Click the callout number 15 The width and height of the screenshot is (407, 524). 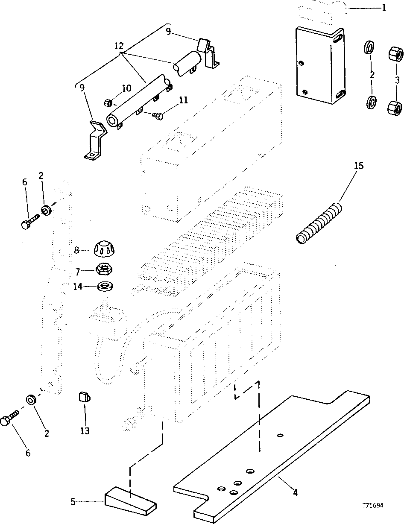point(359,165)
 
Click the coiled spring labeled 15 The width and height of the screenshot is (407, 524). point(319,225)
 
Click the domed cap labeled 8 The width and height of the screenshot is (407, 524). point(104,248)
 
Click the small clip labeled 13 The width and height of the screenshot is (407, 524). point(84,398)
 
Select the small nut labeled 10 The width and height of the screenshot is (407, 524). point(108,103)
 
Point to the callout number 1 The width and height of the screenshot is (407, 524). point(383,7)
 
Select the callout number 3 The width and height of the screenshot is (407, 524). point(397,80)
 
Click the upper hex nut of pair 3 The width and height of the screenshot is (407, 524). point(395,54)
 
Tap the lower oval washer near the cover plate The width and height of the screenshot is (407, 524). point(372,102)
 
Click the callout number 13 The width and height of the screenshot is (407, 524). point(85,430)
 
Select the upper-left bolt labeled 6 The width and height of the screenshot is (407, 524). point(29,223)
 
